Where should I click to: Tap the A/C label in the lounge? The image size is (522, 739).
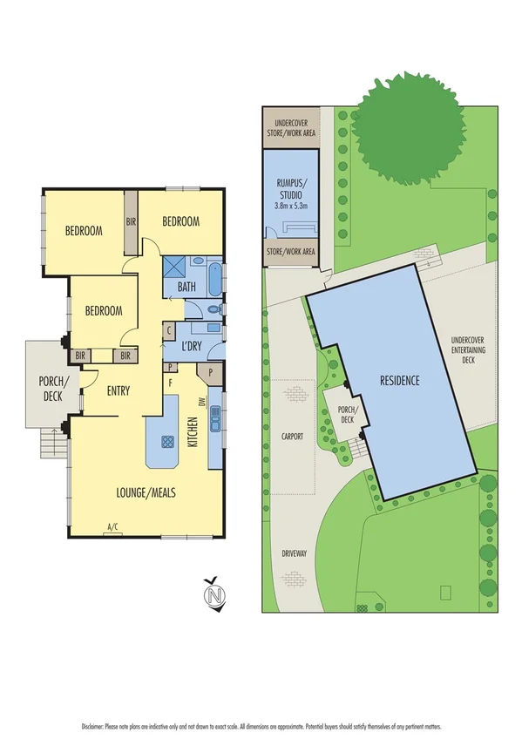click(x=112, y=526)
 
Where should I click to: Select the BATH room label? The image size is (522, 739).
click(x=186, y=287)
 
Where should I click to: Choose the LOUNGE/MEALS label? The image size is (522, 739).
click(x=146, y=492)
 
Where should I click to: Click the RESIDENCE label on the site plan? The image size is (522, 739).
click(x=400, y=381)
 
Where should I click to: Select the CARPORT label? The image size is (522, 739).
click(x=293, y=436)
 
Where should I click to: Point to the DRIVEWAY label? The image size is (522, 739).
click(x=293, y=553)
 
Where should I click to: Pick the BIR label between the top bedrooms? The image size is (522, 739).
click(x=132, y=221)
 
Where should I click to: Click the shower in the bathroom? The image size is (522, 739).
click(x=173, y=267)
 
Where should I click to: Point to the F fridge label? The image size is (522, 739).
click(x=171, y=383)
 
